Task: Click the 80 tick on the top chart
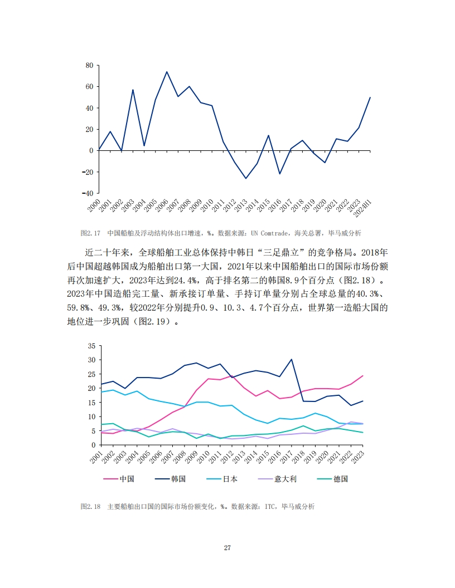tap(89, 66)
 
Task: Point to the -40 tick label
tap(86, 193)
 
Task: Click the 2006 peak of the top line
tap(166, 72)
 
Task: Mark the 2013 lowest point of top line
tap(245, 178)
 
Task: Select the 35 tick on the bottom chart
tap(91, 346)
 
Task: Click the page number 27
tap(227, 548)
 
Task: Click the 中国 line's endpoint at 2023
tap(362, 376)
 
